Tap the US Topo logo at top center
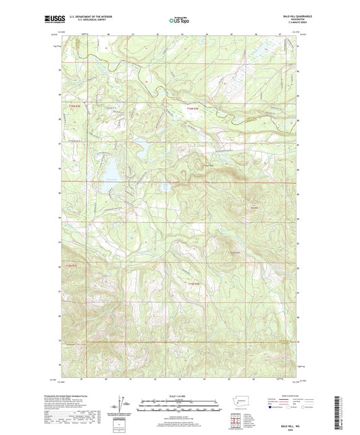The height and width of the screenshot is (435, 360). (x=179, y=20)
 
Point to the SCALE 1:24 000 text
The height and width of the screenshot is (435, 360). (x=180, y=395)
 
